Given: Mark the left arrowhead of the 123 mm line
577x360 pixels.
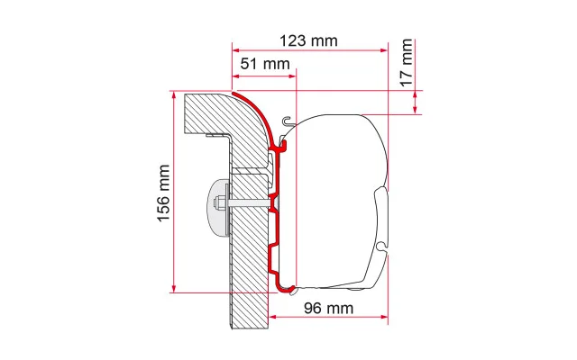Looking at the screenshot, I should click(x=236, y=50).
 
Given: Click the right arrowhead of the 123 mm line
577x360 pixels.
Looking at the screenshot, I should click(x=384, y=50).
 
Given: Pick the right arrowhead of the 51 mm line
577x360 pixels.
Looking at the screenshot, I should click(x=293, y=76).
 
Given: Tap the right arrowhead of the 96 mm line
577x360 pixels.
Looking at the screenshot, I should click(x=384, y=318).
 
